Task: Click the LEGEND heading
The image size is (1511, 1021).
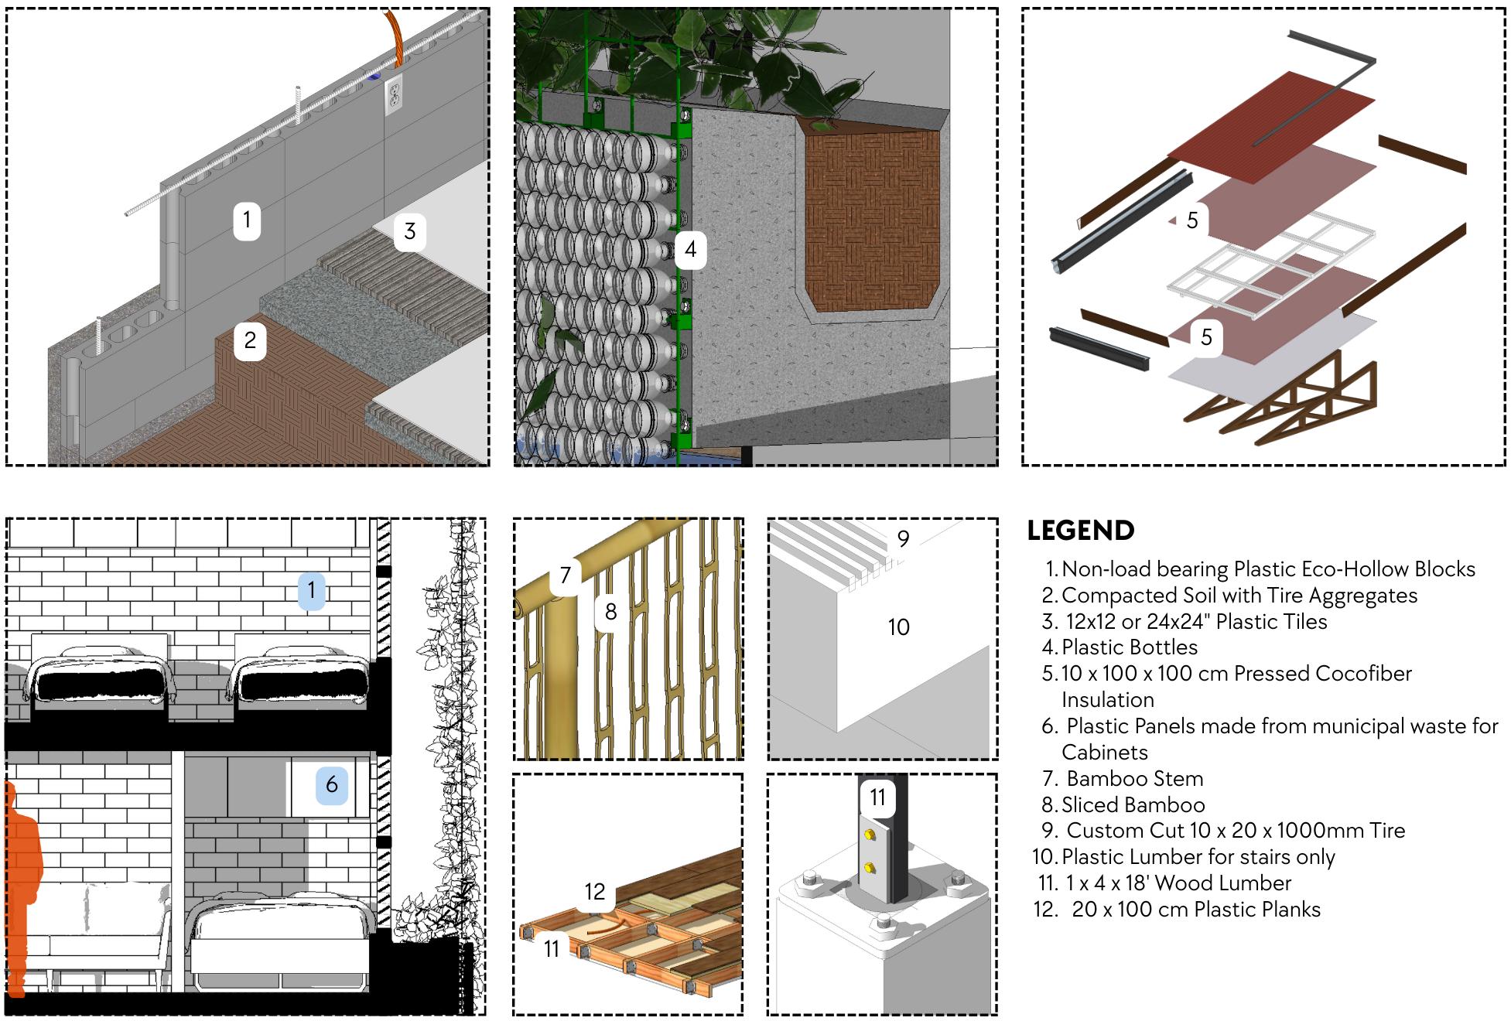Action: tap(1080, 531)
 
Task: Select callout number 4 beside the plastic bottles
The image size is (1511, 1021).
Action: tap(690, 249)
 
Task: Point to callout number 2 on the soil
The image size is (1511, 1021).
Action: tap(250, 340)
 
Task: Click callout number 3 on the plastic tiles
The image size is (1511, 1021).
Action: tap(410, 230)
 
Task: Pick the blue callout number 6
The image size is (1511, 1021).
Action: tap(332, 784)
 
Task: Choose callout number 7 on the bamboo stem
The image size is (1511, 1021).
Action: tap(566, 575)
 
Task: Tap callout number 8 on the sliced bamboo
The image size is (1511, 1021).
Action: tap(610, 612)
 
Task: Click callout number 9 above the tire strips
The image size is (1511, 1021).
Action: tap(903, 539)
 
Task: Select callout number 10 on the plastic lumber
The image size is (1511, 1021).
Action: tap(898, 627)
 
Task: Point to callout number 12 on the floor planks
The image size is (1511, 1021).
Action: tap(594, 892)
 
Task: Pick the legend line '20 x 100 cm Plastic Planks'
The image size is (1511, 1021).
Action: tap(1195, 909)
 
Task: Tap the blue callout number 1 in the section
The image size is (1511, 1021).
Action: tap(312, 590)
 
